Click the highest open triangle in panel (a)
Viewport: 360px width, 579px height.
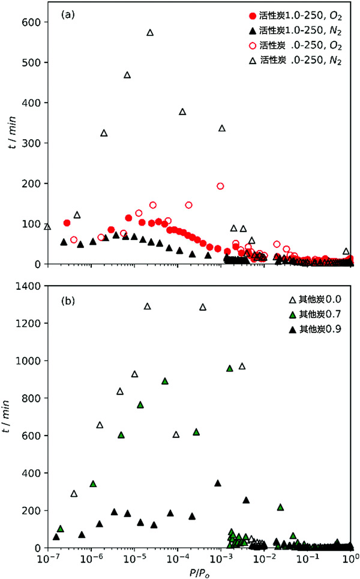pos(150,32)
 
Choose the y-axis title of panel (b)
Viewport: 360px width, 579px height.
pos(10,418)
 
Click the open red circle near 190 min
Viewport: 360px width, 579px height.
pos(220,186)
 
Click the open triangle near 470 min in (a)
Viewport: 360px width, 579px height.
pos(127,75)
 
